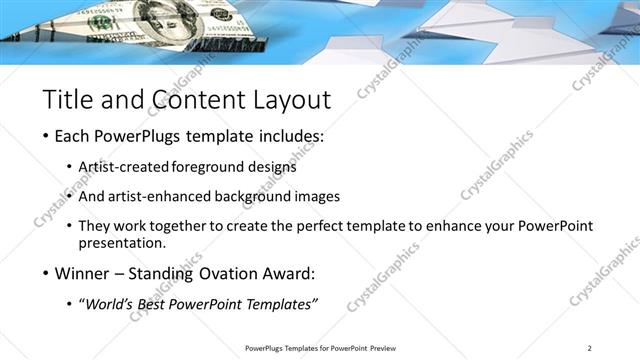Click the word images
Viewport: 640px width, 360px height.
[x=318, y=196]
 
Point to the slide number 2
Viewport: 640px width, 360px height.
[x=589, y=348]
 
